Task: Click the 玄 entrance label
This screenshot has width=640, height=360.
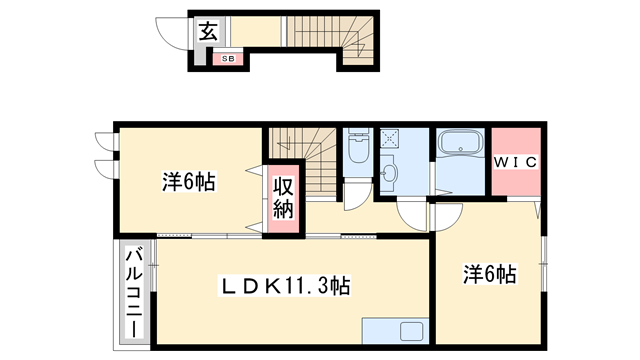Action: (206, 32)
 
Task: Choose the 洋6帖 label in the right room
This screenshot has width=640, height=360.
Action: (489, 273)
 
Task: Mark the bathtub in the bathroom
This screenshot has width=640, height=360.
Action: (461, 146)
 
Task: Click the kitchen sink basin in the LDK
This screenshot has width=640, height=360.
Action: (410, 331)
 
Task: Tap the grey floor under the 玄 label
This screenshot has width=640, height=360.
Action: (206, 48)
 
